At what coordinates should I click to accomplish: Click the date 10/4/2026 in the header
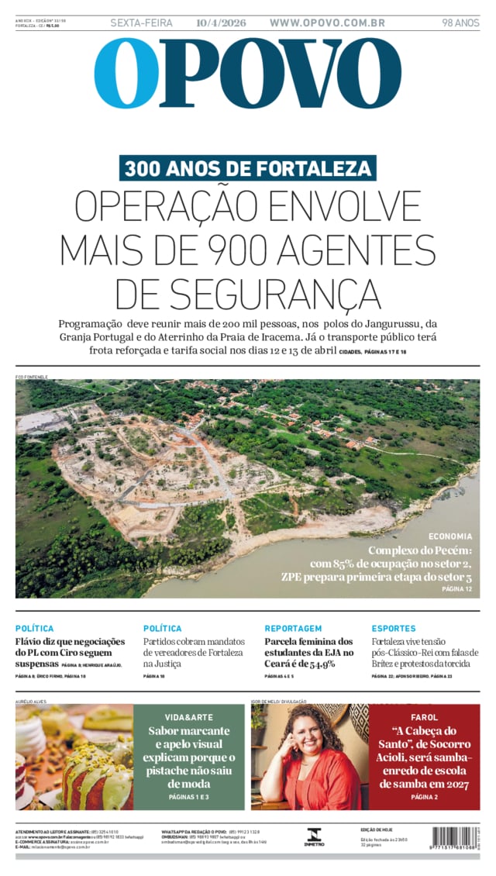pos(221,23)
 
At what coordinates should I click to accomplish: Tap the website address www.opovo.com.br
pos(327,23)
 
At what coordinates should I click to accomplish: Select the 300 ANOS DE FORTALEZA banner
pos(248,168)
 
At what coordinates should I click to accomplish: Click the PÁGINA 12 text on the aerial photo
pos(456,589)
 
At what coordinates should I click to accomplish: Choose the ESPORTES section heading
pos(394,629)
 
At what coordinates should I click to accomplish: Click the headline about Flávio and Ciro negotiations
pos(70,652)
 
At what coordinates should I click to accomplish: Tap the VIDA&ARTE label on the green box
pos(189,717)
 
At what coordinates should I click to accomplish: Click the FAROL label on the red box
pos(424,717)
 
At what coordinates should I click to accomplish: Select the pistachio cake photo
pos(74,757)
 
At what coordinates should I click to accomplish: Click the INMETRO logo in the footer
pos(315,836)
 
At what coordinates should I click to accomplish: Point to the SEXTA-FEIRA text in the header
pos(142,23)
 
